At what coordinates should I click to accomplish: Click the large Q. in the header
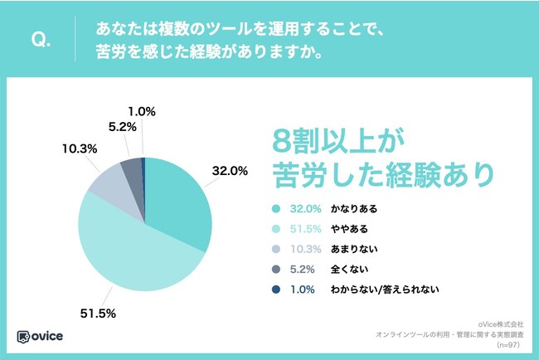[40, 40]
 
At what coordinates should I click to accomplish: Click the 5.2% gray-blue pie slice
[132, 169]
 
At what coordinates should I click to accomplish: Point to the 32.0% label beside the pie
[231, 172]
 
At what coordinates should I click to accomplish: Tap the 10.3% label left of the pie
[77, 148]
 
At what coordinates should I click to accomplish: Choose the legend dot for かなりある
[274, 208]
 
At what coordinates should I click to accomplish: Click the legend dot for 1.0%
[274, 289]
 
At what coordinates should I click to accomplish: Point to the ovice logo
[41, 336]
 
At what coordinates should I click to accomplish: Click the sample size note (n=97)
[503, 343]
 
